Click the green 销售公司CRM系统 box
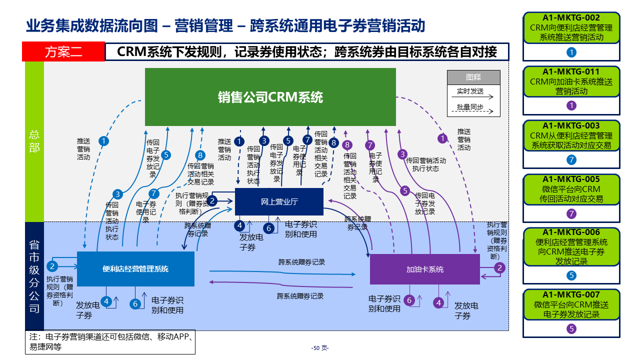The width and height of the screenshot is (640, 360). point(270,97)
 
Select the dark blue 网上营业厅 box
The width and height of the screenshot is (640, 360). point(279,202)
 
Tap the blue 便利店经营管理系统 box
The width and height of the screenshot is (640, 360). point(135,269)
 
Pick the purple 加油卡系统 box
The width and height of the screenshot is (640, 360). point(424,269)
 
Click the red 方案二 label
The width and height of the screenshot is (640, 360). point(63,52)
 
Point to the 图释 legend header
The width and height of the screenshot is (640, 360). point(473,77)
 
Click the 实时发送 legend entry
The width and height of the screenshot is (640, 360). point(470,91)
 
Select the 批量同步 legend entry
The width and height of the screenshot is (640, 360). point(470,106)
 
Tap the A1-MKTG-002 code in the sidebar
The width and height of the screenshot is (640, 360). point(571,17)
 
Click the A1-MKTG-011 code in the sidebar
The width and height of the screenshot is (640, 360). point(571,71)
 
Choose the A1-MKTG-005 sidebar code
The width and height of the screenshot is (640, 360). point(571,179)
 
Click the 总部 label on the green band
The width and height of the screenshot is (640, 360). point(34,141)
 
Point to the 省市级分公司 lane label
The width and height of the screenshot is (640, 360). point(34,276)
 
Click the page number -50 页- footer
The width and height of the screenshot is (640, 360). point(320,348)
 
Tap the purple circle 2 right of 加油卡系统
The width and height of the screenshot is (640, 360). point(499,267)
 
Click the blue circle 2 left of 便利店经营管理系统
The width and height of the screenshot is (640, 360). point(52,266)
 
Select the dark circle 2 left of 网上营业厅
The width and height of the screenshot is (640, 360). point(212,200)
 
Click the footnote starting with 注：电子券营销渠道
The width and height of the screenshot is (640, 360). point(110,341)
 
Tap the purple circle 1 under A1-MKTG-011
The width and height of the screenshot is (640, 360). point(571,105)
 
